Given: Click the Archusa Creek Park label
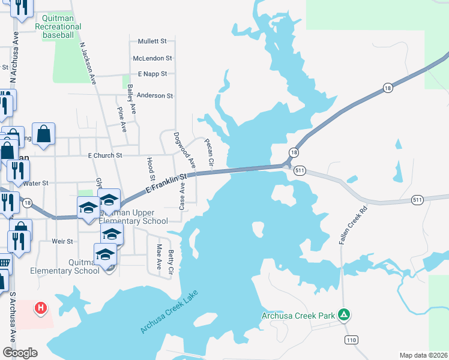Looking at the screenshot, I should (299, 316).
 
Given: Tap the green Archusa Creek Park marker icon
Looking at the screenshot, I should (344, 314).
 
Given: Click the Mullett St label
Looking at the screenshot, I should (152, 41).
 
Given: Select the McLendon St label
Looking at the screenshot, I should (152, 58).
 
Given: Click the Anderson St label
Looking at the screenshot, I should (155, 95).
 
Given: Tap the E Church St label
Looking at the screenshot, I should (105, 155).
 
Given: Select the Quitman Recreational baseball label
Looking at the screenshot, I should (58, 27).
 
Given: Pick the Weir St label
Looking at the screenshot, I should (62, 241).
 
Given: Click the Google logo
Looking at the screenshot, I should (20, 353).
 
